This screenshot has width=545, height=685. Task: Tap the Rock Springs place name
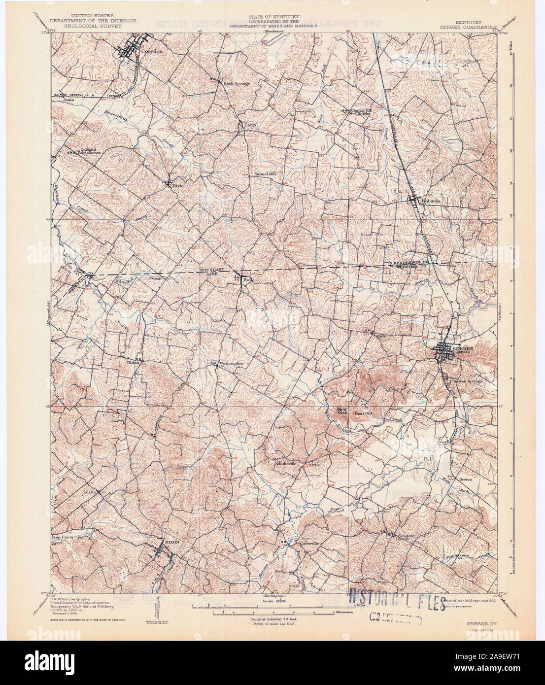[x=237, y=83]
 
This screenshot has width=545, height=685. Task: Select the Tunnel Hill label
[x=264, y=174]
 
